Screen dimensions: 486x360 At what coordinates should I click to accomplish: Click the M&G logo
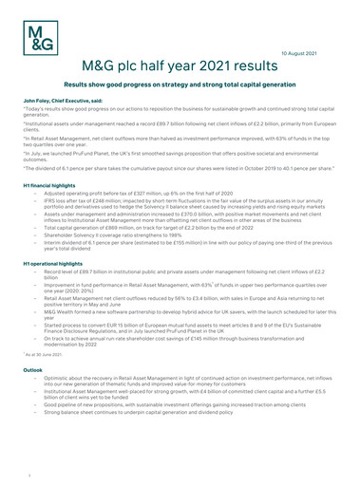pyautogui.click(x=40, y=38)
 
